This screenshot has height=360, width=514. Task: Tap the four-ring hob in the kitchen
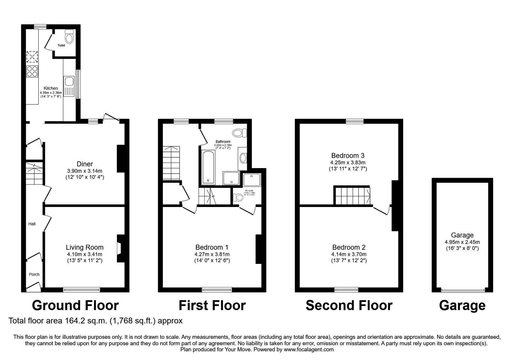[32, 71]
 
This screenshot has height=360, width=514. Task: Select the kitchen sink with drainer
[69, 86]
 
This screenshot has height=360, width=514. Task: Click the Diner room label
[84, 164]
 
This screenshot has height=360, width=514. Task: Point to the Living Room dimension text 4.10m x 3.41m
[84, 254]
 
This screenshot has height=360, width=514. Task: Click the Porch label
[34, 274]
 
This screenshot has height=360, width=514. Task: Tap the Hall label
[32, 224]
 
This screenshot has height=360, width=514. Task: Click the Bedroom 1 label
[212, 247]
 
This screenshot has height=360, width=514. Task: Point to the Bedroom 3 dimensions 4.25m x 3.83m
[348, 163]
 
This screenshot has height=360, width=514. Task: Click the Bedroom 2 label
[349, 247]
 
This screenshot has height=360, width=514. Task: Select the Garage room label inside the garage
[462, 235]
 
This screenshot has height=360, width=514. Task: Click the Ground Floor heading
[75, 305]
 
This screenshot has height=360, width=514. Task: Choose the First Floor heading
[212, 305]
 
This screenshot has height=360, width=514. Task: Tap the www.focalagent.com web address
[309, 349]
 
